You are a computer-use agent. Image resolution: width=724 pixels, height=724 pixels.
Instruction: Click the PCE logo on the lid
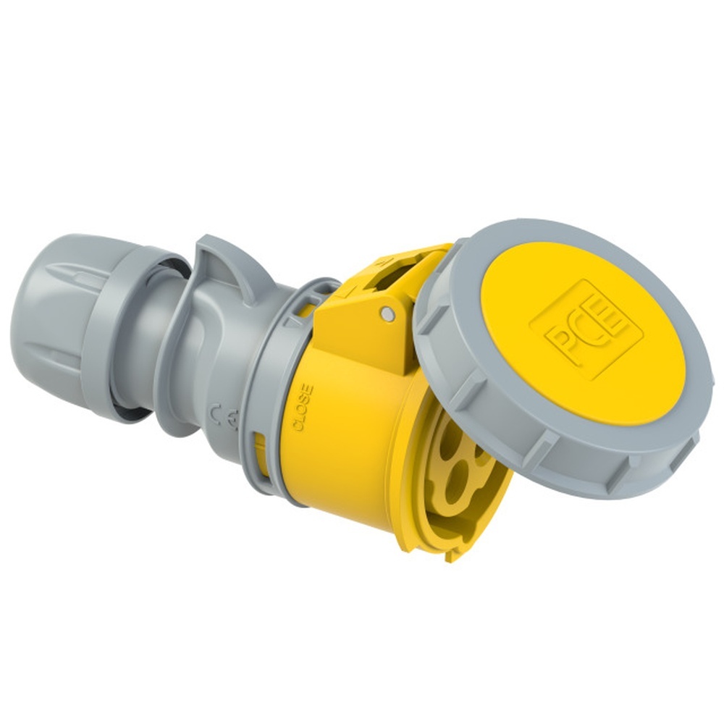pyautogui.click(x=586, y=329)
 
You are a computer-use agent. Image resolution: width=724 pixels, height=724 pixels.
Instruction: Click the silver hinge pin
pyautogui.click(x=389, y=313)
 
